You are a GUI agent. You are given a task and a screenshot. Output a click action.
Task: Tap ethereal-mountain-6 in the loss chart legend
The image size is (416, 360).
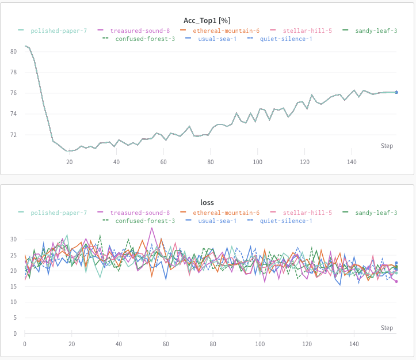pos(226,213)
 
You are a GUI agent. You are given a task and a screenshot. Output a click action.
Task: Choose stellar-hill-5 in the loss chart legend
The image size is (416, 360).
pos(307,213)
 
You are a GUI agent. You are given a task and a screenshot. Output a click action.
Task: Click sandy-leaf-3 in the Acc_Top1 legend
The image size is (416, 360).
pos(376,31)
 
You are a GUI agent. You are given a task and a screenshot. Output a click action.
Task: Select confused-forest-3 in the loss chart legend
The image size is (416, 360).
pos(145,221)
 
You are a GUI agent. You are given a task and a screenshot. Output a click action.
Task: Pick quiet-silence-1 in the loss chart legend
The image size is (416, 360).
pos(286,221)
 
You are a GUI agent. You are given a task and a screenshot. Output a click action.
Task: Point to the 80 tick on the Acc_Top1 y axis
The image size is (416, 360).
pos(13,51)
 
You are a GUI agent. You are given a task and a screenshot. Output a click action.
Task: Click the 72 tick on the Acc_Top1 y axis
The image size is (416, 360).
pos(13,135)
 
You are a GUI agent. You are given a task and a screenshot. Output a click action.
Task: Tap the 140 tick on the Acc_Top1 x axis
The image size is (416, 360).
pos(352,162)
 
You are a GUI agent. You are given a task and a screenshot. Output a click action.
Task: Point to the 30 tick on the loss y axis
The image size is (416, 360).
pos(14,239)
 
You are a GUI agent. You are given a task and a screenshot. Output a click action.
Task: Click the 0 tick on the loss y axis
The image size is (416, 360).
pos(16,334)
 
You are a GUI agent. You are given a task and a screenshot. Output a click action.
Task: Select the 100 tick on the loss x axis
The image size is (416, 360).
pos(260,344)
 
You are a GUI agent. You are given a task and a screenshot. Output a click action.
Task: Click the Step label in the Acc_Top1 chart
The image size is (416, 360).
pos(387,146)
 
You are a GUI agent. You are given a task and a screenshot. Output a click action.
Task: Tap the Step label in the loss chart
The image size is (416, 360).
pos(387,328)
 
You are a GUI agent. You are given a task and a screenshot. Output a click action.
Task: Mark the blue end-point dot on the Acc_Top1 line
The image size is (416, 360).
pos(396,92)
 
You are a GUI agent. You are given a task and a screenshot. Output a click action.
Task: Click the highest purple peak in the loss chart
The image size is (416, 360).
pos(152,228)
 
